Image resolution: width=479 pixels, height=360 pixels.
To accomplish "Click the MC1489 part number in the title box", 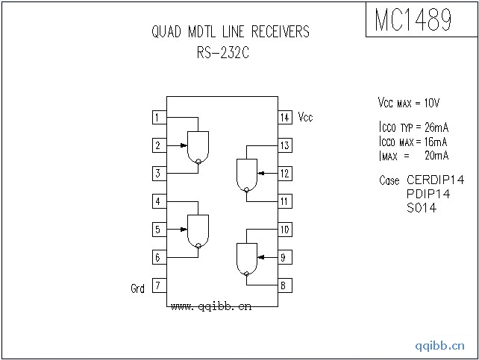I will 413,20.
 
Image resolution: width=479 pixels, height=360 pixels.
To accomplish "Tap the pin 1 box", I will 158,117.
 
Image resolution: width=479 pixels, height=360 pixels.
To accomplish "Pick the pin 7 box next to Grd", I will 158,285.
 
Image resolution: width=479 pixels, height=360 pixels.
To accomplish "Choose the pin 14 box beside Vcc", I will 285,117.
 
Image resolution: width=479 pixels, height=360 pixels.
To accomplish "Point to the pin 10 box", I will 285,230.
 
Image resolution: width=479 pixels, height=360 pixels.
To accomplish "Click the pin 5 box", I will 158,230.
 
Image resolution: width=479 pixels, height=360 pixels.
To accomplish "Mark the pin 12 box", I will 285,173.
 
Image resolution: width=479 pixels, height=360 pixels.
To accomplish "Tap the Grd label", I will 138,288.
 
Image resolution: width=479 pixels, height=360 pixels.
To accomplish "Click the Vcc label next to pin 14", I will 305,117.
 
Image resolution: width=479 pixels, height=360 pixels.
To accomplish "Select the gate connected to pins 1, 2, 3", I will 198,147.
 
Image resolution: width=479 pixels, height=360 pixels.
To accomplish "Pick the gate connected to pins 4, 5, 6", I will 198,231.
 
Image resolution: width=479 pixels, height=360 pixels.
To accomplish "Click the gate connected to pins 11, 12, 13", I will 245,176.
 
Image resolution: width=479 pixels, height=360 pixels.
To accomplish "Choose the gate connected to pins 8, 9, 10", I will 245,259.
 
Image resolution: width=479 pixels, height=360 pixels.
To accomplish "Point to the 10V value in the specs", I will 432,102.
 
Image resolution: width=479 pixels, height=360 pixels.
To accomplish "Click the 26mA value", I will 433,127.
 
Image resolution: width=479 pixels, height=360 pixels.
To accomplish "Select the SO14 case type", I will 422,208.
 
